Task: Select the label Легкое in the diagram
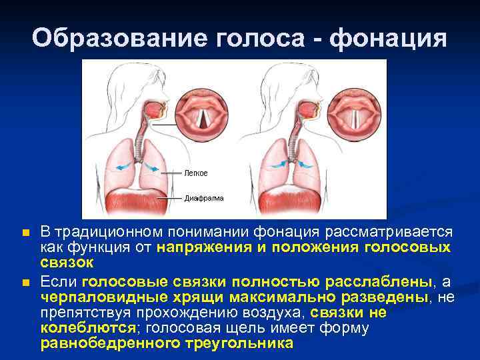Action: (196, 173)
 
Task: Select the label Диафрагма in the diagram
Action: (204, 198)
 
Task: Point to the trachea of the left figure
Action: (141, 137)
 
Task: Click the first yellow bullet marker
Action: (25, 233)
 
